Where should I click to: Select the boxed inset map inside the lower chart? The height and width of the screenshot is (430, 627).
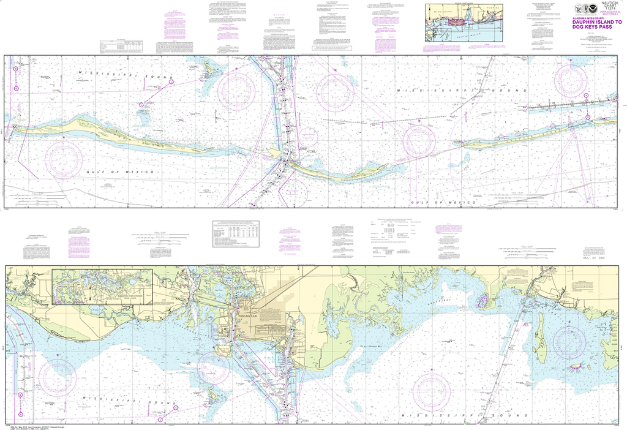[102, 287]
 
